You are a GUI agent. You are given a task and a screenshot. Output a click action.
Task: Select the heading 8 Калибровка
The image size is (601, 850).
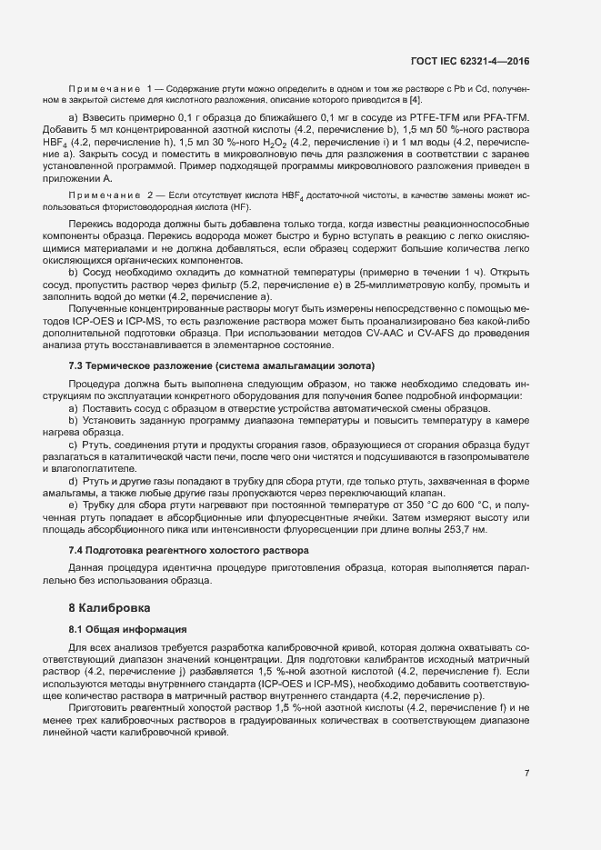pyautogui.click(x=112, y=606)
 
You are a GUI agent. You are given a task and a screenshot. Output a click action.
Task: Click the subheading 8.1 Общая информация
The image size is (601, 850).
pyautogui.click(x=128, y=629)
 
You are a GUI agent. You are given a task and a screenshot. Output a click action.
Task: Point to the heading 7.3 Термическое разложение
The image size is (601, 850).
pyautogui.click(x=222, y=365)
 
